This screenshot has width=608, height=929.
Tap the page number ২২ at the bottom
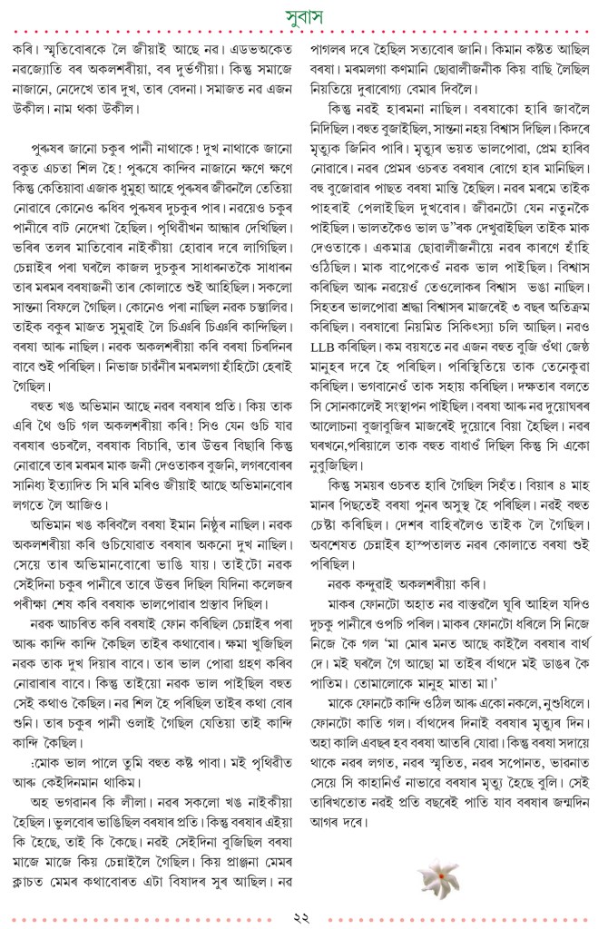[x=304, y=914]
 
